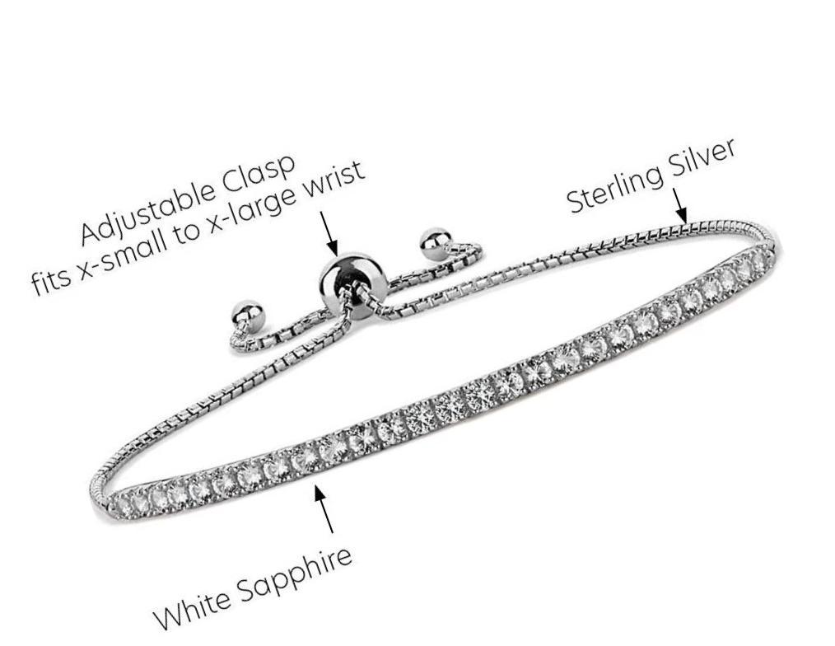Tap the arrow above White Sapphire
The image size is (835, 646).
tap(324, 508)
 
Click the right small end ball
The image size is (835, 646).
tap(435, 243)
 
